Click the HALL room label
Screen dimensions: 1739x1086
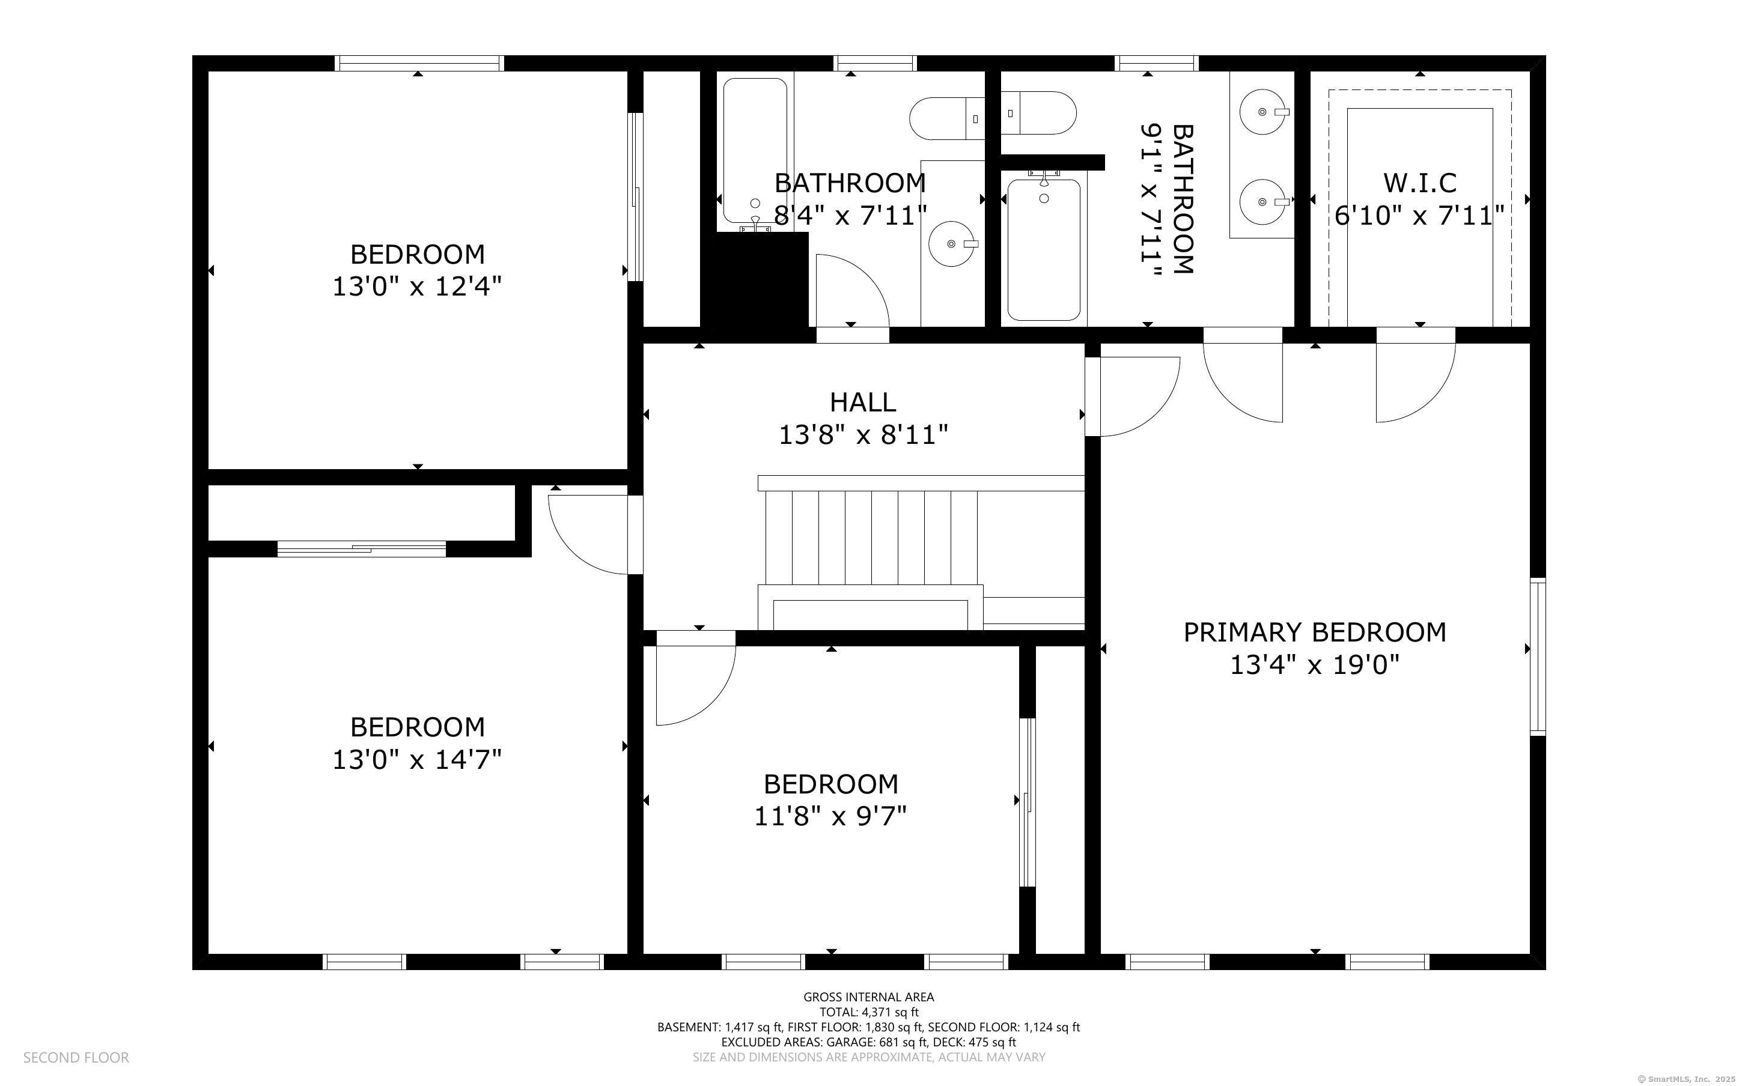pyautogui.click(x=863, y=402)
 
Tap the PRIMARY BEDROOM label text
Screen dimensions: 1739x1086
pyautogui.click(x=1315, y=632)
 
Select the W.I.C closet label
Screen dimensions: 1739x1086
pyautogui.click(x=1420, y=183)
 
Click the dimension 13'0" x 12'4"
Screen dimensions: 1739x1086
pyautogui.click(x=416, y=287)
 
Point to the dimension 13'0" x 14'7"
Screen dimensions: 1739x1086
pyautogui.click(x=416, y=759)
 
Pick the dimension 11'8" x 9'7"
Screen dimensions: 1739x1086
pyautogui.click(x=830, y=816)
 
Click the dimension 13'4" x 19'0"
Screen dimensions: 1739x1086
pyautogui.click(x=1315, y=665)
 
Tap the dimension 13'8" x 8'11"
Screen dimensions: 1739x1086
pyautogui.click(x=863, y=434)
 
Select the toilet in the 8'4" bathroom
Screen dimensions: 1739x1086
pyautogui.click(x=947, y=118)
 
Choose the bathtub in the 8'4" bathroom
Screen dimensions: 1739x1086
pyautogui.click(x=755, y=151)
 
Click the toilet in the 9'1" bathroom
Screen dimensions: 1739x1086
pyautogui.click(x=1039, y=113)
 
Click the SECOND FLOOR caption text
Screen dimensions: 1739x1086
pyautogui.click(x=76, y=1057)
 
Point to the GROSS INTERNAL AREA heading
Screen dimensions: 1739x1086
pyautogui.click(x=868, y=997)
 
